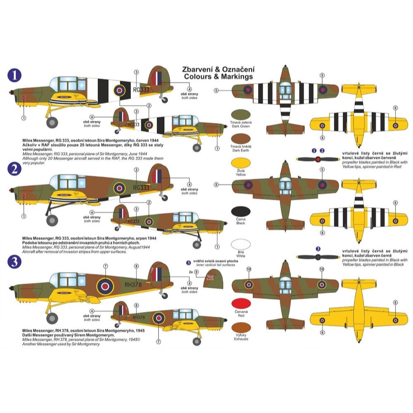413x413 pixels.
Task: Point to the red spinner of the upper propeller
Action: point(318,159)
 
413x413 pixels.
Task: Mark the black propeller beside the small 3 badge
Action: point(318,257)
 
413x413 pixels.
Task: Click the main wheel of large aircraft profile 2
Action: point(52,220)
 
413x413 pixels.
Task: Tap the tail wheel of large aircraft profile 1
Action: point(165,100)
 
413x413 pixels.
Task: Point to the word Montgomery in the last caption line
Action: point(87,344)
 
